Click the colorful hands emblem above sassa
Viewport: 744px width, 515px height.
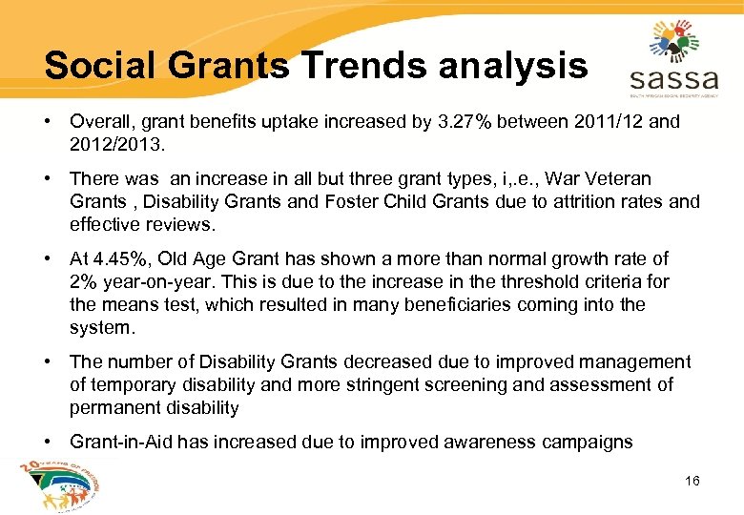pyautogui.click(x=674, y=38)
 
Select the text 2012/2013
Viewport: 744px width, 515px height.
pyautogui.click(x=113, y=144)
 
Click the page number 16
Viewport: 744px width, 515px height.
pyautogui.click(x=692, y=481)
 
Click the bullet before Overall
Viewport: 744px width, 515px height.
pyautogui.click(x=49, y=121)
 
